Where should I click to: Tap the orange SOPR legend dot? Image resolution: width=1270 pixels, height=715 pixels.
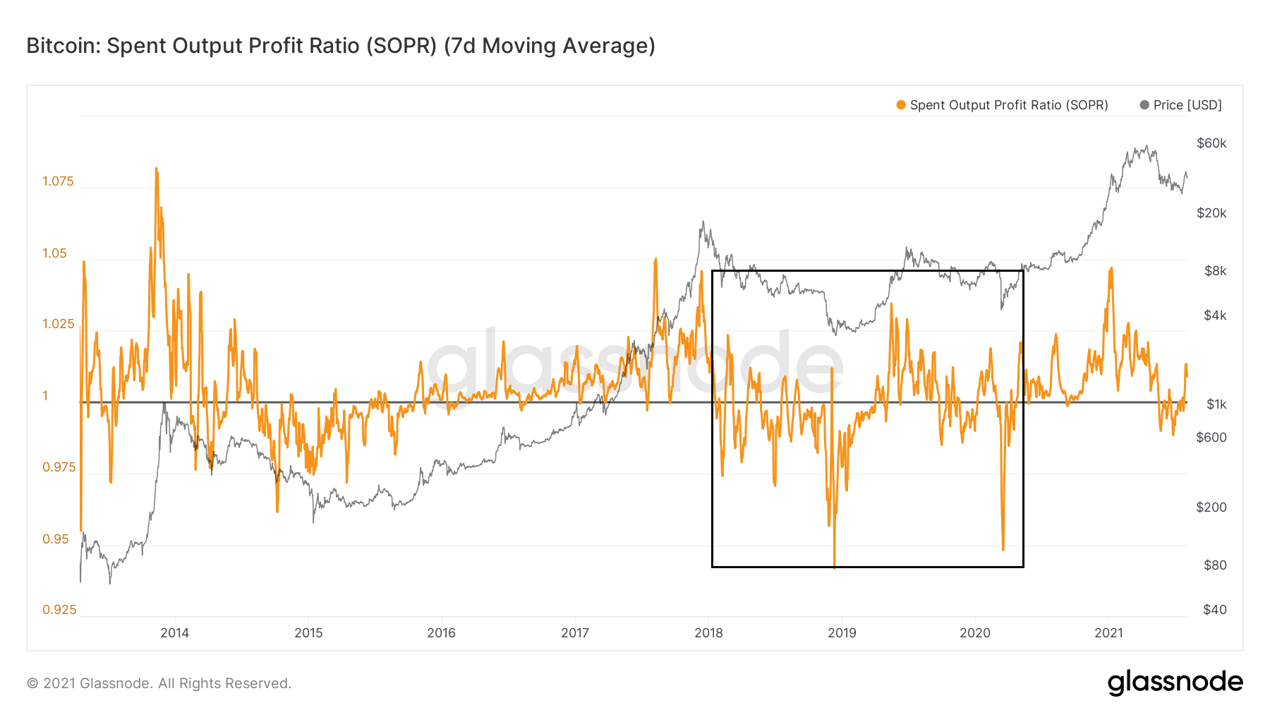(x=901, y=105)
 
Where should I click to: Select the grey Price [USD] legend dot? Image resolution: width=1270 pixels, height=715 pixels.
(x=1144, y=105)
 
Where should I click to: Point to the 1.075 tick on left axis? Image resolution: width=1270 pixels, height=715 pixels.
(x=58, y=181)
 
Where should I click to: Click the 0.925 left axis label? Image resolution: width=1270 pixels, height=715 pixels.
(x=59, y=610)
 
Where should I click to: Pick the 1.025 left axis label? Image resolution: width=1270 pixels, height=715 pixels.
(x=58, y=324)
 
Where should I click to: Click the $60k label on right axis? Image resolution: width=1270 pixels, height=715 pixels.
(x=1211, y=143)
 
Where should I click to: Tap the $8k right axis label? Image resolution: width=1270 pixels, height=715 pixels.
(x=1215, y=271)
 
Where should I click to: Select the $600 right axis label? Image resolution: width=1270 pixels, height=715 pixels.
(x=1211, y=438)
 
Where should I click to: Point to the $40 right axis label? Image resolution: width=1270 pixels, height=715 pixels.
(x=1214, y=610)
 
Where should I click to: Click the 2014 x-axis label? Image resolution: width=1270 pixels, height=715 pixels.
(x=174, y=633)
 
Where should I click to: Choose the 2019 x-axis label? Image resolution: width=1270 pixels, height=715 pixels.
(x=842, y=633)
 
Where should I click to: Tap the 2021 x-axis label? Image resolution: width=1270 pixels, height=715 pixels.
(x=1108, y=633)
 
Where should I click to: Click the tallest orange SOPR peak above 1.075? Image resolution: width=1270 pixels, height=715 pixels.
(x=156, y=169)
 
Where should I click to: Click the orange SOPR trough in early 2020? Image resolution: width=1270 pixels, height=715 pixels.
(x=1003, y=548)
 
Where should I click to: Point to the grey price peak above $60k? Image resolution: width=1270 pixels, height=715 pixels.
(x=1147, y=147)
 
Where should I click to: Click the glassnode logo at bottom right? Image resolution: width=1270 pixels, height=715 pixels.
(x=1175, y=683)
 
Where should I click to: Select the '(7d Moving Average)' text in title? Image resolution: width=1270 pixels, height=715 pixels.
(x=550, y=46)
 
